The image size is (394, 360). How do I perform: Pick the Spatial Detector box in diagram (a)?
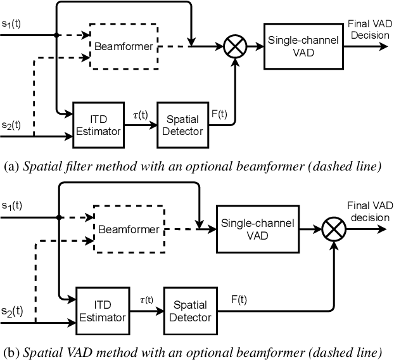click(x=182, y=125)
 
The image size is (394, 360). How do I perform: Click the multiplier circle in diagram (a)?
click(x=236, y=46)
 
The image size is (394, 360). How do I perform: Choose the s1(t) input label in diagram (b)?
click(x=11, y=207)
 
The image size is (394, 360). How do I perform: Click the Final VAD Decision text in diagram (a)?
click(x=367, y=29)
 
